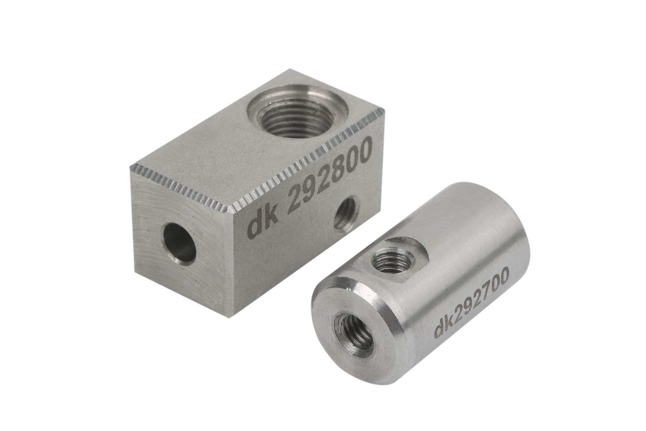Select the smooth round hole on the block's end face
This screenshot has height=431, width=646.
tap(180, 244)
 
